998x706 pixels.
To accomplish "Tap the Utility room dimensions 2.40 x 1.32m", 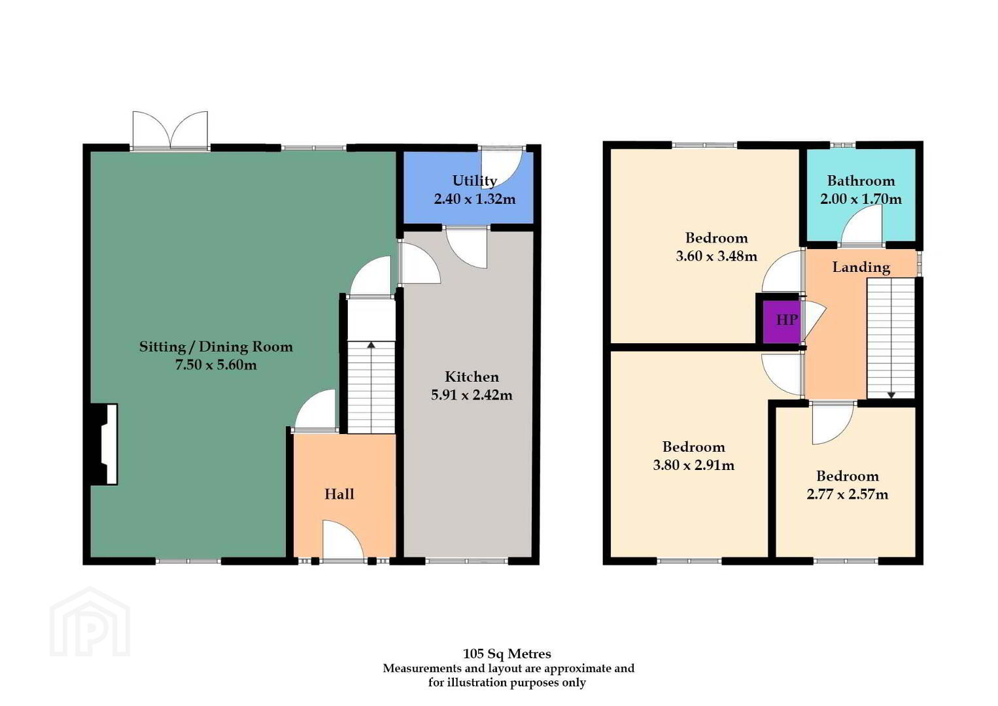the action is point(475,199).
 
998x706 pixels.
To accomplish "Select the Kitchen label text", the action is point(472,377).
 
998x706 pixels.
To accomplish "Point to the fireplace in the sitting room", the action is point(104,444).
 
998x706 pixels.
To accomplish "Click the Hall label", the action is point(339,494).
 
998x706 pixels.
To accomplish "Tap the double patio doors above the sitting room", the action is point(170,129).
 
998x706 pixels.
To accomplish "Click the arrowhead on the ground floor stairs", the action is point(371,345).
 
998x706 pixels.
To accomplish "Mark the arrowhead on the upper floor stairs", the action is point(891,395).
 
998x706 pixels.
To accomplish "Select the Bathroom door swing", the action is point(862,225).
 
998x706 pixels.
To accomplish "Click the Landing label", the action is point(861,267).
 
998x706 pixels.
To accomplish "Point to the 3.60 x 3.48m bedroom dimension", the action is point(716,256).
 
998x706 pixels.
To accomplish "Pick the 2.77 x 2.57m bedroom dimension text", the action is point(848,494).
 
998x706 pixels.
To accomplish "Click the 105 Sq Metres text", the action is point(507,654).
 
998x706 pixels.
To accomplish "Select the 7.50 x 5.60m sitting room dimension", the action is point(216,365).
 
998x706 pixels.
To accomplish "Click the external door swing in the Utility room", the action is point(502,169).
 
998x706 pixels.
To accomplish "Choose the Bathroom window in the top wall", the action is point(842,144).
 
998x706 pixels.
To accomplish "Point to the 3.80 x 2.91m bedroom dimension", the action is point(694,465).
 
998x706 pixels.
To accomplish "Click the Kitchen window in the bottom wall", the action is point(467,562).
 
